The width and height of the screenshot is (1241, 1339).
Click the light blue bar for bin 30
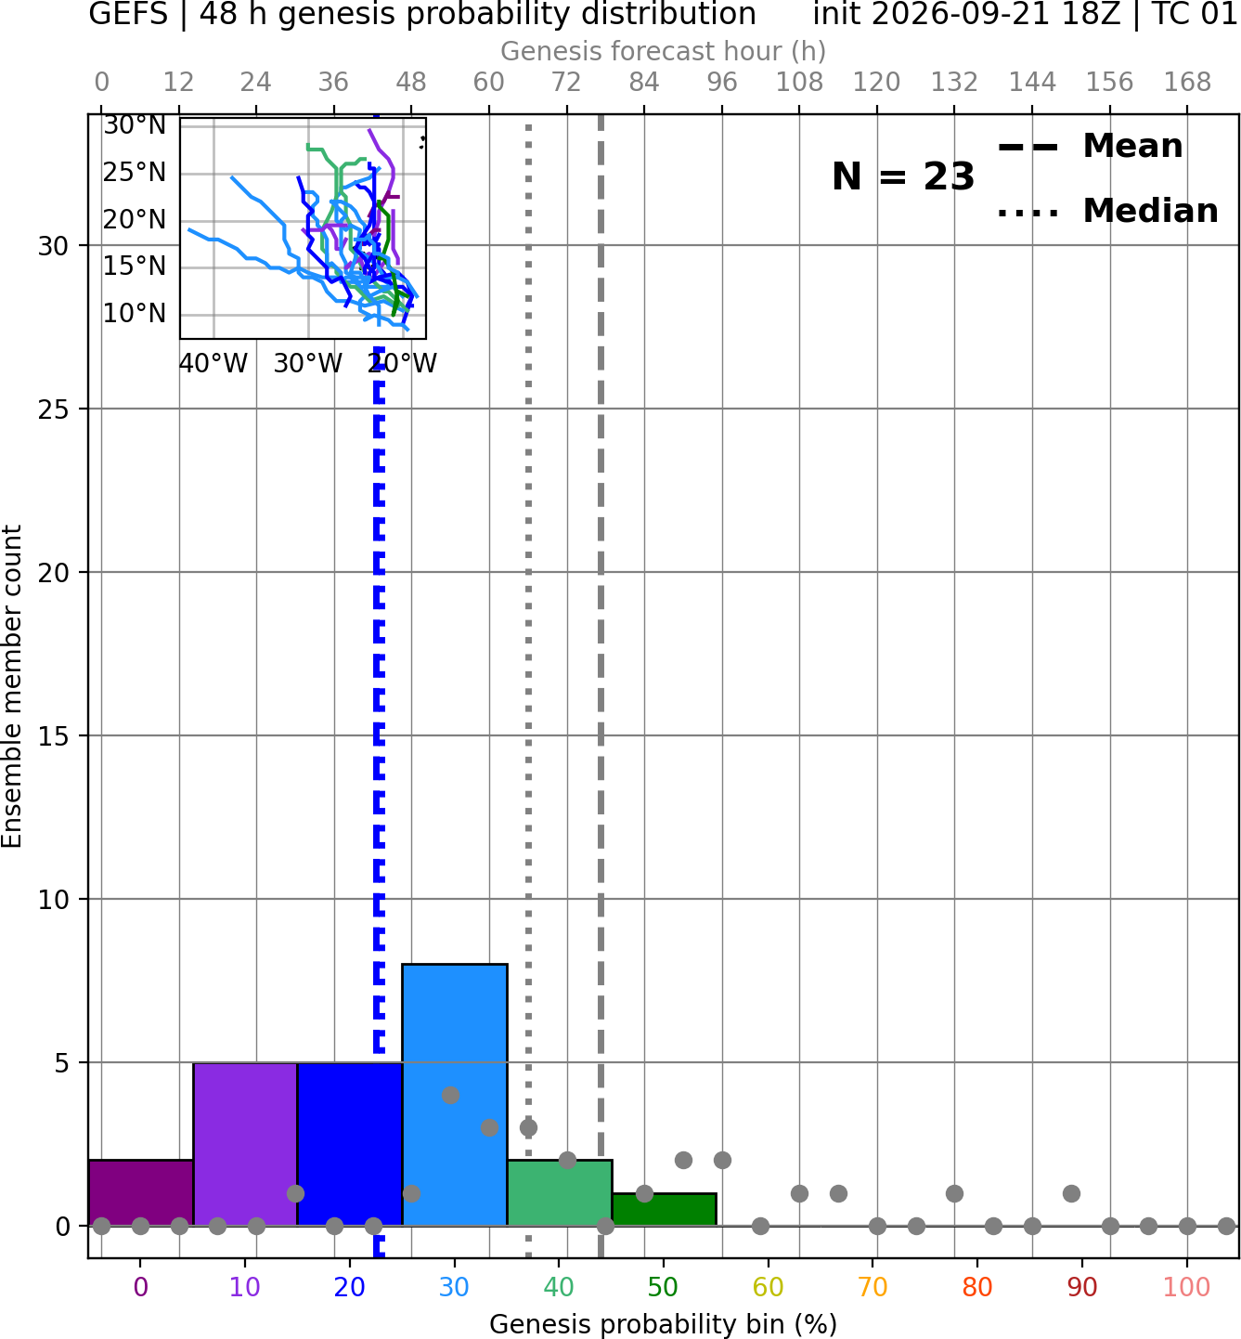(x=454, y=1094)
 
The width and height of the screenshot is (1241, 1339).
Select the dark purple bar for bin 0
(x=141, y=1192)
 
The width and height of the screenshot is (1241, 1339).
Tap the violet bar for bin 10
(x=245, y=1143)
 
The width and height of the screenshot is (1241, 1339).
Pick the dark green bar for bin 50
(x=664, y=1209)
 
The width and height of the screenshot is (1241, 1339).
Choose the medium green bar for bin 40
(x=560, y=1192)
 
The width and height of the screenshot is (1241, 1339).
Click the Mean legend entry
(x=1090, y=147)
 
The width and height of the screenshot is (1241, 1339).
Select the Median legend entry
(x=1107, y=211)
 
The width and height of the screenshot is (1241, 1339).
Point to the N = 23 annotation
(x=903, y=176)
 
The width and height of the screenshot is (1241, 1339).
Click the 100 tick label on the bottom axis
(x=1187, y=1286)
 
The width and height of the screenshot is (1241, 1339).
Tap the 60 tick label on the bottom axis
(x=769, y=1286)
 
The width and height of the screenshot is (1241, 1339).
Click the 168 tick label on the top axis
(x=1187, y=83)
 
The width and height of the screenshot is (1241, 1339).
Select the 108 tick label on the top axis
(x=799, y=83)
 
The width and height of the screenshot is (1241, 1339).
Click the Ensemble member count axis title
(x=11, y=686)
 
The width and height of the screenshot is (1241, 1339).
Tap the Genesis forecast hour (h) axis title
(x=664, y=51)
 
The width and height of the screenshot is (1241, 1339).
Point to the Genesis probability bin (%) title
(x=664, y=1324)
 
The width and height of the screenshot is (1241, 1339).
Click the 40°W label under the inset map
(x=213, y=363)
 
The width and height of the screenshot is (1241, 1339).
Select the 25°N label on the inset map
(x=135, y=173)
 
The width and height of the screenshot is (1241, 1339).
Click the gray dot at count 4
(x=450, y=1095)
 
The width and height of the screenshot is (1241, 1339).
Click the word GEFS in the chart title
(x=128, y=14)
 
